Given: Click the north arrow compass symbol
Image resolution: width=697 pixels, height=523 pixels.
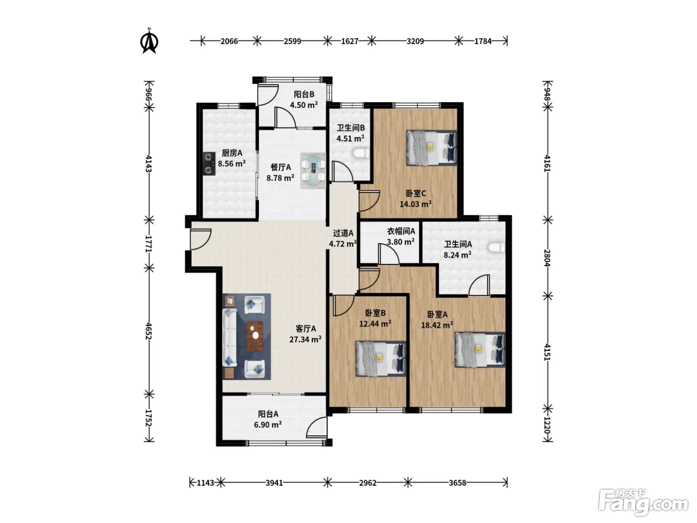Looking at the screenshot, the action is tap(149, 41).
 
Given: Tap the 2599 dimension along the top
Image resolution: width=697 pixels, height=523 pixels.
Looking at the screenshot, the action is tap(292, 41).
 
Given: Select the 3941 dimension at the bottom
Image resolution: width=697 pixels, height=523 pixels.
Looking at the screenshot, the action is tap(274, 483).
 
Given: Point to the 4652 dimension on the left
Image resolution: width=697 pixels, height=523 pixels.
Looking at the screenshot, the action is tap(148, 331).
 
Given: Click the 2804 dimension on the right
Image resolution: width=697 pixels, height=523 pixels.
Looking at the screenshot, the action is tap(547, 258).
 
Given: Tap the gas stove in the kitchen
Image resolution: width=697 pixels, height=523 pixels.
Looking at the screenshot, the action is tap(209, 163).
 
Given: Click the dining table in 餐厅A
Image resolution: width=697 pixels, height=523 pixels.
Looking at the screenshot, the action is tap(313, 171).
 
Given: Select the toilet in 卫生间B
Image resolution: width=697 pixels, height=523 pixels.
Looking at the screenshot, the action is tap(361, 154).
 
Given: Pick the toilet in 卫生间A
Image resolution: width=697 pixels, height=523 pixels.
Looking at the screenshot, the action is tap(496, 248).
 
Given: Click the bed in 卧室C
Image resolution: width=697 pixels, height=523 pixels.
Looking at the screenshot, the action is tap(432, 147).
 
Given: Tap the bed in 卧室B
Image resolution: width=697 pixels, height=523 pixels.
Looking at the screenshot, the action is tap(381, 359).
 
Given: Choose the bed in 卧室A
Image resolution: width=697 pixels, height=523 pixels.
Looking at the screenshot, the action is tap(480, 350).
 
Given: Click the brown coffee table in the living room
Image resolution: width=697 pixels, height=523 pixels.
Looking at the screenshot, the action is tap(255, 336).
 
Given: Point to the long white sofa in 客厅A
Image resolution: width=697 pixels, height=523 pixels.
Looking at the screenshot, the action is tap(230, 337).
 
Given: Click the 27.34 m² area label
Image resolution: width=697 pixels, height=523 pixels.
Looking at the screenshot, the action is tap(305, 340).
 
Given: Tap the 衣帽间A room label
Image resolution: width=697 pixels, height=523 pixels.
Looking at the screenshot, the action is tap(401, 231).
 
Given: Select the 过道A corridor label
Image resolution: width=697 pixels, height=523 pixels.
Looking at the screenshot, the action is tap(343, 233).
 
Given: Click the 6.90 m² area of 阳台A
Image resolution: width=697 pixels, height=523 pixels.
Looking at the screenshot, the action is tap(268, 425).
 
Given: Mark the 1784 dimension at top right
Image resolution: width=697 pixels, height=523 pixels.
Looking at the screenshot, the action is tap(482, 41).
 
